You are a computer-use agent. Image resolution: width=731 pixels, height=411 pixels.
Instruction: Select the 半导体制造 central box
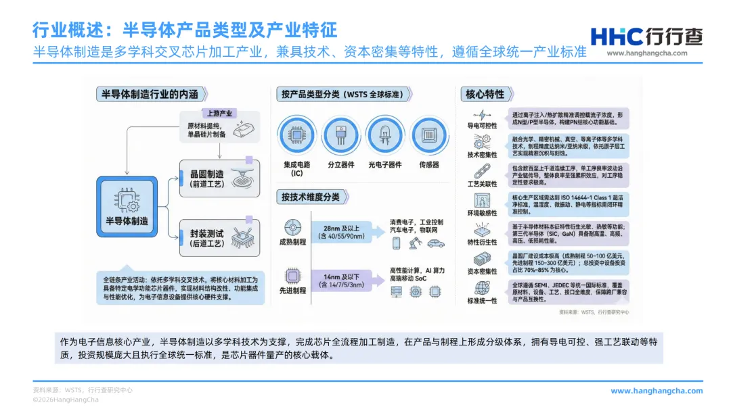click(127, 205)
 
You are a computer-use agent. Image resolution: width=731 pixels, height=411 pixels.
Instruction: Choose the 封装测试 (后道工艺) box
click(212, 237)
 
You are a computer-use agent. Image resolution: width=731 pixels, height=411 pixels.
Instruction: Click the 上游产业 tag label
click(219, 113)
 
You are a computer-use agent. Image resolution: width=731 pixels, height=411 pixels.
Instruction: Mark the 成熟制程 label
click(293, 241)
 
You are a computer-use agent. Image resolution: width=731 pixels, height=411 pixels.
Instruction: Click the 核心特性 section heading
click(485, 94)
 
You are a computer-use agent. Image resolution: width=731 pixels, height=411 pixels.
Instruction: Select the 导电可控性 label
click(482, 126)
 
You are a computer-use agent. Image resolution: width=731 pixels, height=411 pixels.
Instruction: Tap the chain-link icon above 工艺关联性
click(482, 172)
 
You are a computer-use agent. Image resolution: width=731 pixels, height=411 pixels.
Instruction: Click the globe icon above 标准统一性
click(482, 288)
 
